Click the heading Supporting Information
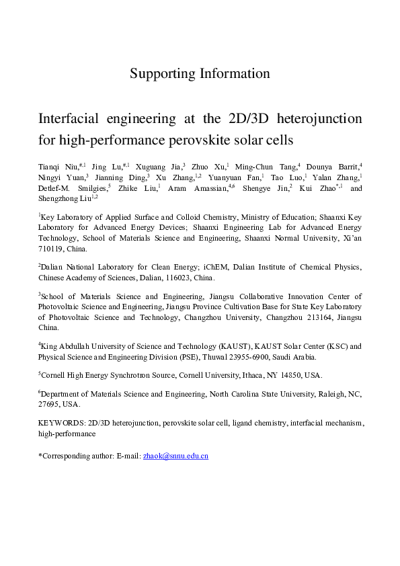tap(200, 73)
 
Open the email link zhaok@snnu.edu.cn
tap(175, 456)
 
